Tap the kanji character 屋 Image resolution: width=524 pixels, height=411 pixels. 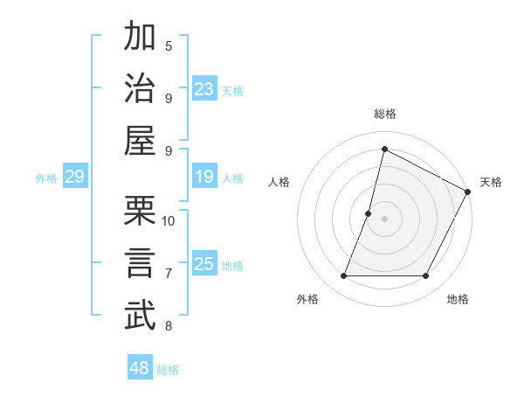(141, 142)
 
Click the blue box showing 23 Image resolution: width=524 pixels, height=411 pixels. (204, 89)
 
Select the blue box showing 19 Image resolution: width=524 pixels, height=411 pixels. (204, 178)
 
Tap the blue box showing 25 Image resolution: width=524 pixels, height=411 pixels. (204, 264)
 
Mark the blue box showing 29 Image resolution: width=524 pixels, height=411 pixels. (74, 178)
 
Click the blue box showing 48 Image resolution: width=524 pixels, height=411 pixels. (140, 368)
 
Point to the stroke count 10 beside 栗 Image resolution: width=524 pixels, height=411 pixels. (169, 220)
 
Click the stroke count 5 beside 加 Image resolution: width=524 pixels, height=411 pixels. (169, 45)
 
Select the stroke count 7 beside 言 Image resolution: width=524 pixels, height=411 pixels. (169, 274)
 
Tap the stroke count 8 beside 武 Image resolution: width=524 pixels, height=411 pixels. (169, 326)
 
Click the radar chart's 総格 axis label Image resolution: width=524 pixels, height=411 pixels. (384, 114)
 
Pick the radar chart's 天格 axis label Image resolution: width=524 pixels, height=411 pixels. (491, 182)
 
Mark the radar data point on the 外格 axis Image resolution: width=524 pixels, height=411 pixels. (343, 276)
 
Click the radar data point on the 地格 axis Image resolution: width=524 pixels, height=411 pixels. (426, 276)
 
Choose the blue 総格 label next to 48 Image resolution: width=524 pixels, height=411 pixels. (168, 370)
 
